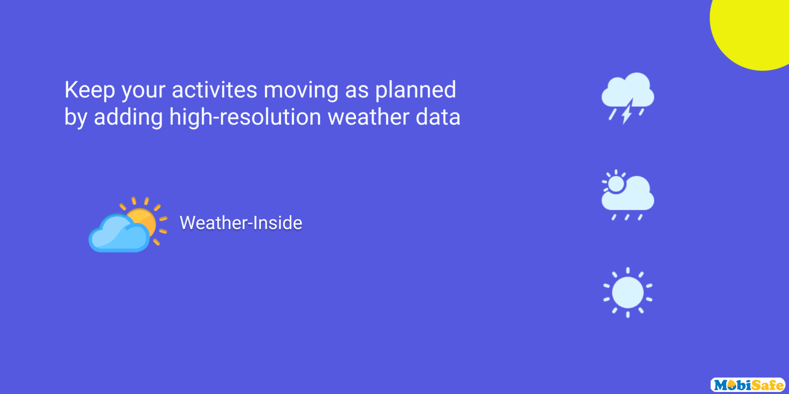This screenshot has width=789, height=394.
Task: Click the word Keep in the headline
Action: coord(90,90)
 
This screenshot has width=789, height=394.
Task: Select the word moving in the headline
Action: coord(301,91)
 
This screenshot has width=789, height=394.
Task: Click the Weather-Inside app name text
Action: coord(241,223)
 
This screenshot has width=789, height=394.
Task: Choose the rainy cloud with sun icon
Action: coord(628,195)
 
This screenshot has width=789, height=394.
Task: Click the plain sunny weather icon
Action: coord(628,293)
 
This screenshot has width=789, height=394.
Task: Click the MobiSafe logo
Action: coord(748,385)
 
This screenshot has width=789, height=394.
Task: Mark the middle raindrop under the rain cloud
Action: coord(627,217)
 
